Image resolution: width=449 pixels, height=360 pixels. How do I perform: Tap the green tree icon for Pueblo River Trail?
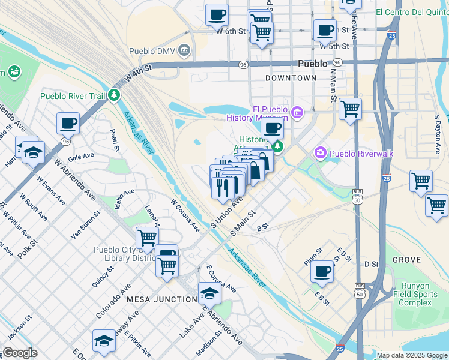click(113, 95)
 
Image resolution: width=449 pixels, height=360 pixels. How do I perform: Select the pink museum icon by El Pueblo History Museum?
click(297, 112)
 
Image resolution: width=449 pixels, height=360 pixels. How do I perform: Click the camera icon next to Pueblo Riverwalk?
click(319, 154)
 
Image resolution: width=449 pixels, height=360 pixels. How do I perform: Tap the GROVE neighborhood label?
click(407, 260)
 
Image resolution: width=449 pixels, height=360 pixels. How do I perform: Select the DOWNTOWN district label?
click(291, 78)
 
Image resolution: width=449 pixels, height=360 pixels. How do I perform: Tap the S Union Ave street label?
click(226, 214)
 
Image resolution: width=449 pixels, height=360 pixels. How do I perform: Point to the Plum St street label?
click(313, 253)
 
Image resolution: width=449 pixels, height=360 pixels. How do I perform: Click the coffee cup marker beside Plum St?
click(322, 271)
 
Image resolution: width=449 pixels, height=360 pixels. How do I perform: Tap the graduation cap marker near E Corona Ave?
click(209, 293)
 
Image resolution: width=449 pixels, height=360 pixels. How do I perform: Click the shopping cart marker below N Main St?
click(350, 109)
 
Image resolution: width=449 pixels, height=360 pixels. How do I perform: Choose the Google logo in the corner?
click(19, 353)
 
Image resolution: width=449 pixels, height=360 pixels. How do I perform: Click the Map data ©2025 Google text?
click(411, 355)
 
